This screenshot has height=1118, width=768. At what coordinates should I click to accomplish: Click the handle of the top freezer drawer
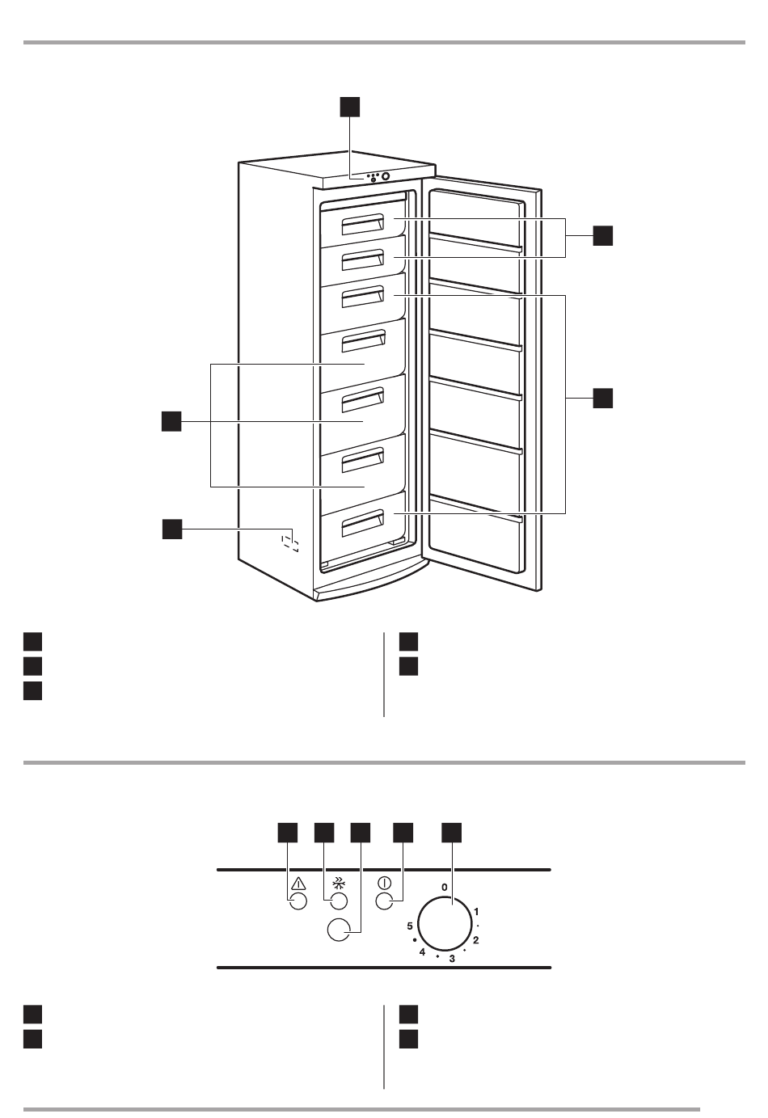pyautogui.click(x=361, y=226)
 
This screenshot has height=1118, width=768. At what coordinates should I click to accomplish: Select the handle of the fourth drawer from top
pyautogui.click(x=361, y=343)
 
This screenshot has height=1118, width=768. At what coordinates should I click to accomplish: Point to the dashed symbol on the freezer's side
pyautogui.click(x=289, y=541)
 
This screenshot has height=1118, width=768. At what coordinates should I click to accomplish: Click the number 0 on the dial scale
pyautogui.click(x=444, y=888)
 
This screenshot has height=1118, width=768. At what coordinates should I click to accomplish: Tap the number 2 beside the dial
pyautogui.click(x=476, y=939)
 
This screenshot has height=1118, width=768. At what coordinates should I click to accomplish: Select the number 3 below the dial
pyautogui.click(x=452, y=959)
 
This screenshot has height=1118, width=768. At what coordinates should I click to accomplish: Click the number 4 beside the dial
pyautogui.click(x=422, y=952)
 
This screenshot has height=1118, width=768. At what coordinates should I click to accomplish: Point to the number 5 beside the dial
pyautogui.click(x=411, y=926)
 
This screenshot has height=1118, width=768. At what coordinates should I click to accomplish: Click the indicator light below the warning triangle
pyautogui.click(x=297, y=902)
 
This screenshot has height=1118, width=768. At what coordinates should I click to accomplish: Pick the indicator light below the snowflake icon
pyautogui.click(x=339, y=902)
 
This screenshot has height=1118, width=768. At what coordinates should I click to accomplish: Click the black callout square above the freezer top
pyautogui.click(x=348, y=107)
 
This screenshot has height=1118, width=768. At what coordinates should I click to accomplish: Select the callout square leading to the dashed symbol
pyautogui.click(x=170, y=529)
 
